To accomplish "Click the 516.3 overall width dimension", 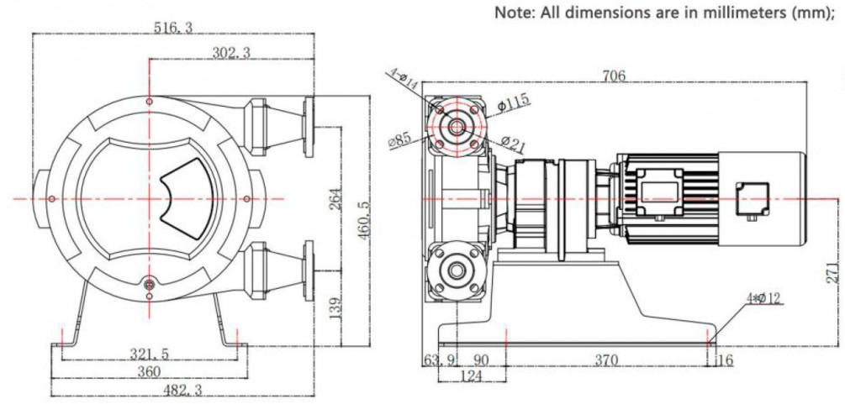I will tap(173, 28).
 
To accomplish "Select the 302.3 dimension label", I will tap(230, 53).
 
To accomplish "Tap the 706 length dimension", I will tap(614, 76).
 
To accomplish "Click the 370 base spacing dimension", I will tap(605, 360).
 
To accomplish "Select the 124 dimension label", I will tap(471, 376).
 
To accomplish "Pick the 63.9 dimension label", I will tap(440, 360).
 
